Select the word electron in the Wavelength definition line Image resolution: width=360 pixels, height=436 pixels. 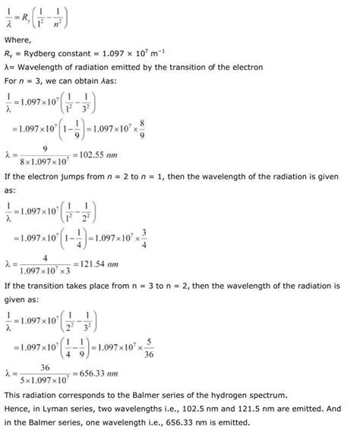[x=248, y=67]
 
